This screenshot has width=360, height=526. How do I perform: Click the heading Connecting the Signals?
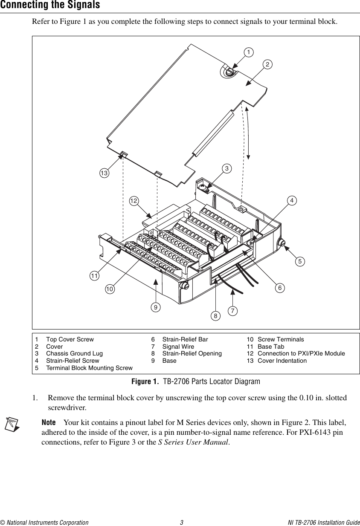[50, 5]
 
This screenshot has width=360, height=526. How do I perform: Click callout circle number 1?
[248, 52]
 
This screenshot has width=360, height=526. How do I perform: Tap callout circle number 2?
[267, 64]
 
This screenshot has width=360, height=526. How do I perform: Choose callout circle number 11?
[94, 276]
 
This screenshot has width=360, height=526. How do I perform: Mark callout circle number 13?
[104, 173]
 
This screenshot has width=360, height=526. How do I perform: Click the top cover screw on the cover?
[229, 72]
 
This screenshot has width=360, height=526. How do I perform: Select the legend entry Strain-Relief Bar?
[185, 339]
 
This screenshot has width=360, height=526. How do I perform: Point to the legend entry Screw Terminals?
[281, 339]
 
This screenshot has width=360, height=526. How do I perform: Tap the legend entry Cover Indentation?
[282, 361]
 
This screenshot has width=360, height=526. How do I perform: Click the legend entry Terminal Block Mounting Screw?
[89, 367]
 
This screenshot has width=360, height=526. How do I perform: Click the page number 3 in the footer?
[181, 522]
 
